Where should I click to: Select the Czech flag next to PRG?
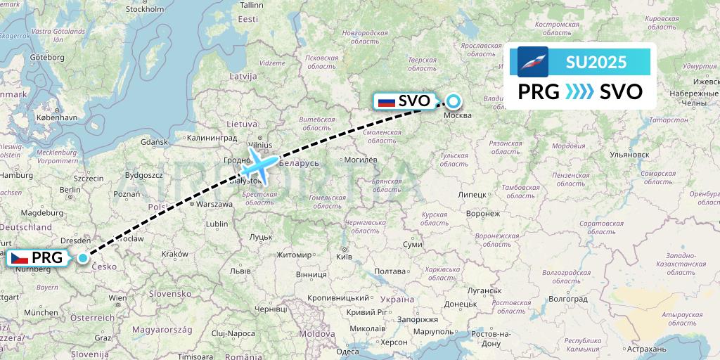[x=19, y=258]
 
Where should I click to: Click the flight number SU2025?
[x=596, y=62]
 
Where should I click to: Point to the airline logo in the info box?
[x=533, y=62]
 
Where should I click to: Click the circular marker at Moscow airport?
[x=454, y=101]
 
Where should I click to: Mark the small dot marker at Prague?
[x=83, y=258]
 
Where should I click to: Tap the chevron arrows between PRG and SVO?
[x=579, y=92]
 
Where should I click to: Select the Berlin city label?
[x=70, y=190]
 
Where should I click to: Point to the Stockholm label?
[x=145, y=9]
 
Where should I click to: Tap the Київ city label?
[x=344, y=257]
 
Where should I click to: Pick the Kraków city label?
[x=174, y=254]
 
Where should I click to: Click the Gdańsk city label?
[x=153, y=142]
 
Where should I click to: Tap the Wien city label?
[x=118, y=298]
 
